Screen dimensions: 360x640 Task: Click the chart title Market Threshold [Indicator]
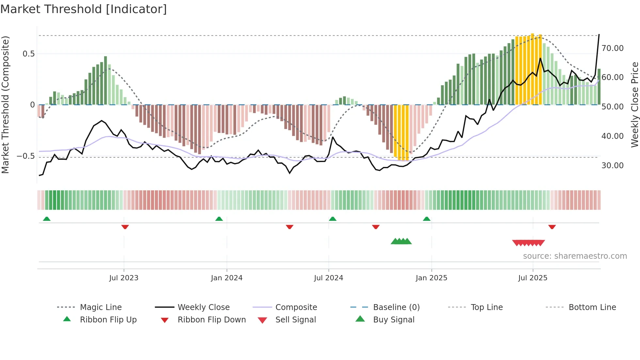(x=84, y=9)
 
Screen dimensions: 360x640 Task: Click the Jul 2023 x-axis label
(x=124, y=278)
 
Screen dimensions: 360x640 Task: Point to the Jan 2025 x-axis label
(x=431, y=278)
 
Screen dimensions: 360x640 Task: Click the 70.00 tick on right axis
(x=612, y=48)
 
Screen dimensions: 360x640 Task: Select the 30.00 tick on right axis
(x=612, y=166)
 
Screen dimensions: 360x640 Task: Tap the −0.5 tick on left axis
(x=25, y=156)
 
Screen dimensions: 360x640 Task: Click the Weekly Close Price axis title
(x=634, y=105)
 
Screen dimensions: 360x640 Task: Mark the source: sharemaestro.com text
(x=575, y=256)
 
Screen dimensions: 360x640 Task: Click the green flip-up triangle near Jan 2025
(x=427, y=219)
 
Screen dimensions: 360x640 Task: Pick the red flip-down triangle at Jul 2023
(x=125, y=227)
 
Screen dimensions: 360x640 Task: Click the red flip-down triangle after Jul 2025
(x=552, y=227)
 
